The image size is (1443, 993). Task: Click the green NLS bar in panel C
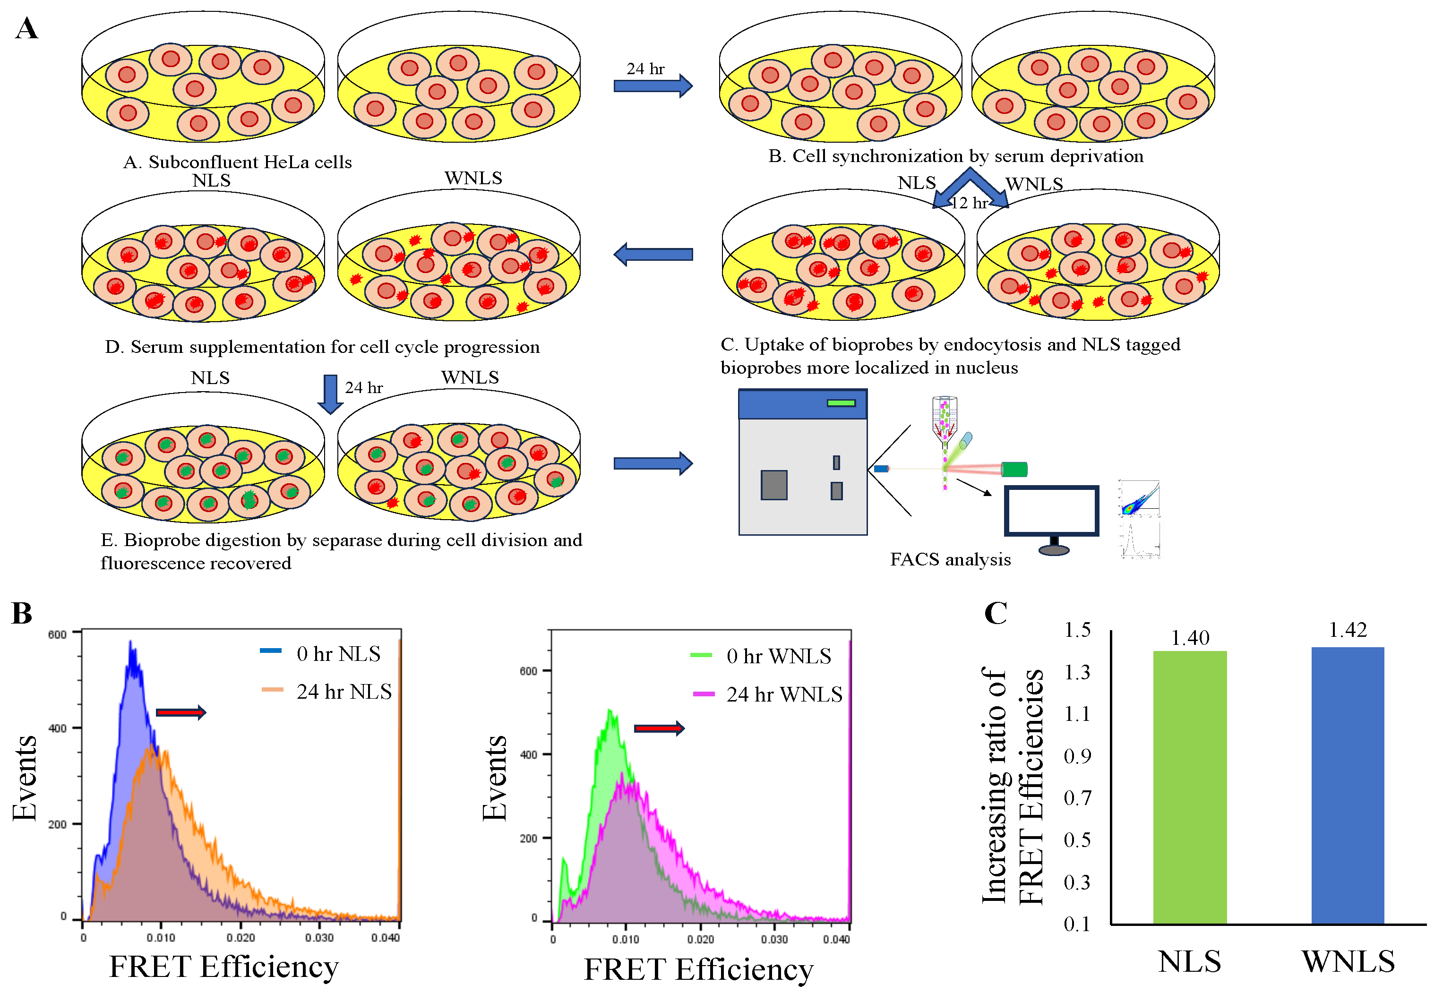[x=1189, y=787]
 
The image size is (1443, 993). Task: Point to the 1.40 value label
[x=1189, y=638]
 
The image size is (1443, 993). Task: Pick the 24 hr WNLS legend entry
[x=768, y=694]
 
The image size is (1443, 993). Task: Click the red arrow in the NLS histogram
[x=180, y=712]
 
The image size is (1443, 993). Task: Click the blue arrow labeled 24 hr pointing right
[x=653, y=85]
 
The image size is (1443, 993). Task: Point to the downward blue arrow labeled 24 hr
[x=330, y=394]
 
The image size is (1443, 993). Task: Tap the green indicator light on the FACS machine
[x=841, y=403]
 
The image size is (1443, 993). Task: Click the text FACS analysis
[x=950, y=559]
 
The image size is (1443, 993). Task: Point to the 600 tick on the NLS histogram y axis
[x=57, y=634]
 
